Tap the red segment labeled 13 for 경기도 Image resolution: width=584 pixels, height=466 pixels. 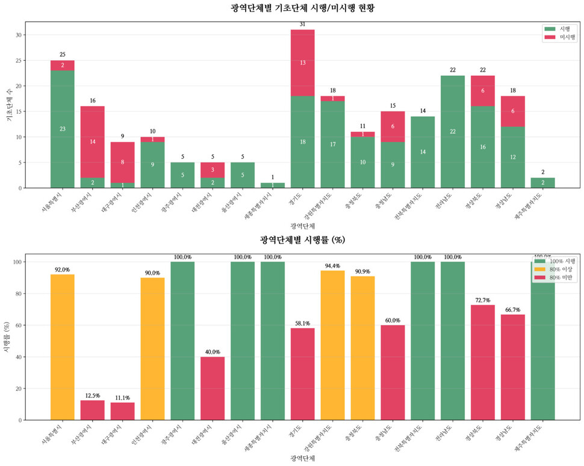click(303, 63)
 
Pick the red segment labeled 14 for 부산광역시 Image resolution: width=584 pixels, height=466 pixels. click(93, 142)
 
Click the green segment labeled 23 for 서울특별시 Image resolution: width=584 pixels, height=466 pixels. click(63, 129)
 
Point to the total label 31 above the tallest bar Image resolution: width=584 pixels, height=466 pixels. click(303, 24)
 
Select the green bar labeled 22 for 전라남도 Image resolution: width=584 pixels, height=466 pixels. click(453, 132)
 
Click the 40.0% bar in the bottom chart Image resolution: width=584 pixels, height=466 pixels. click(213, 388)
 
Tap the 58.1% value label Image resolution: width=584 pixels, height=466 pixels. click(303, 323)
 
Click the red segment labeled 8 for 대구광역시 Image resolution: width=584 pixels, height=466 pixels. click(123, 162)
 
